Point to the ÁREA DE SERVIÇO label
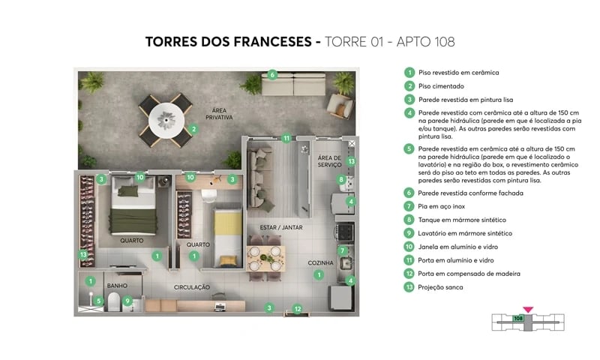pyautogui.click(x=329, y=161)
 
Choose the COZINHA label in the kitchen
pyautogui.click(x=319, y=263)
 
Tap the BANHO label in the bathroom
pyautogui.click(x=116, y=285)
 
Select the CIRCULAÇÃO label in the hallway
pyautogui.click(x=191, y=286)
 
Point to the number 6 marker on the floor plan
pyautogui.click(x=273, y=74)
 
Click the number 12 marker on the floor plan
pyautogui.click(x=297, y=308)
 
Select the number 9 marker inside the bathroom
pyautogui.click(x=127, y=301)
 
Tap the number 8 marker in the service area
pyautogui.click(x=342, y=179)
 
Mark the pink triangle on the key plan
pyautogui.click(x=528, y=308)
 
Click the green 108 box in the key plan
pyautogui.click(x=518, y=318)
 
